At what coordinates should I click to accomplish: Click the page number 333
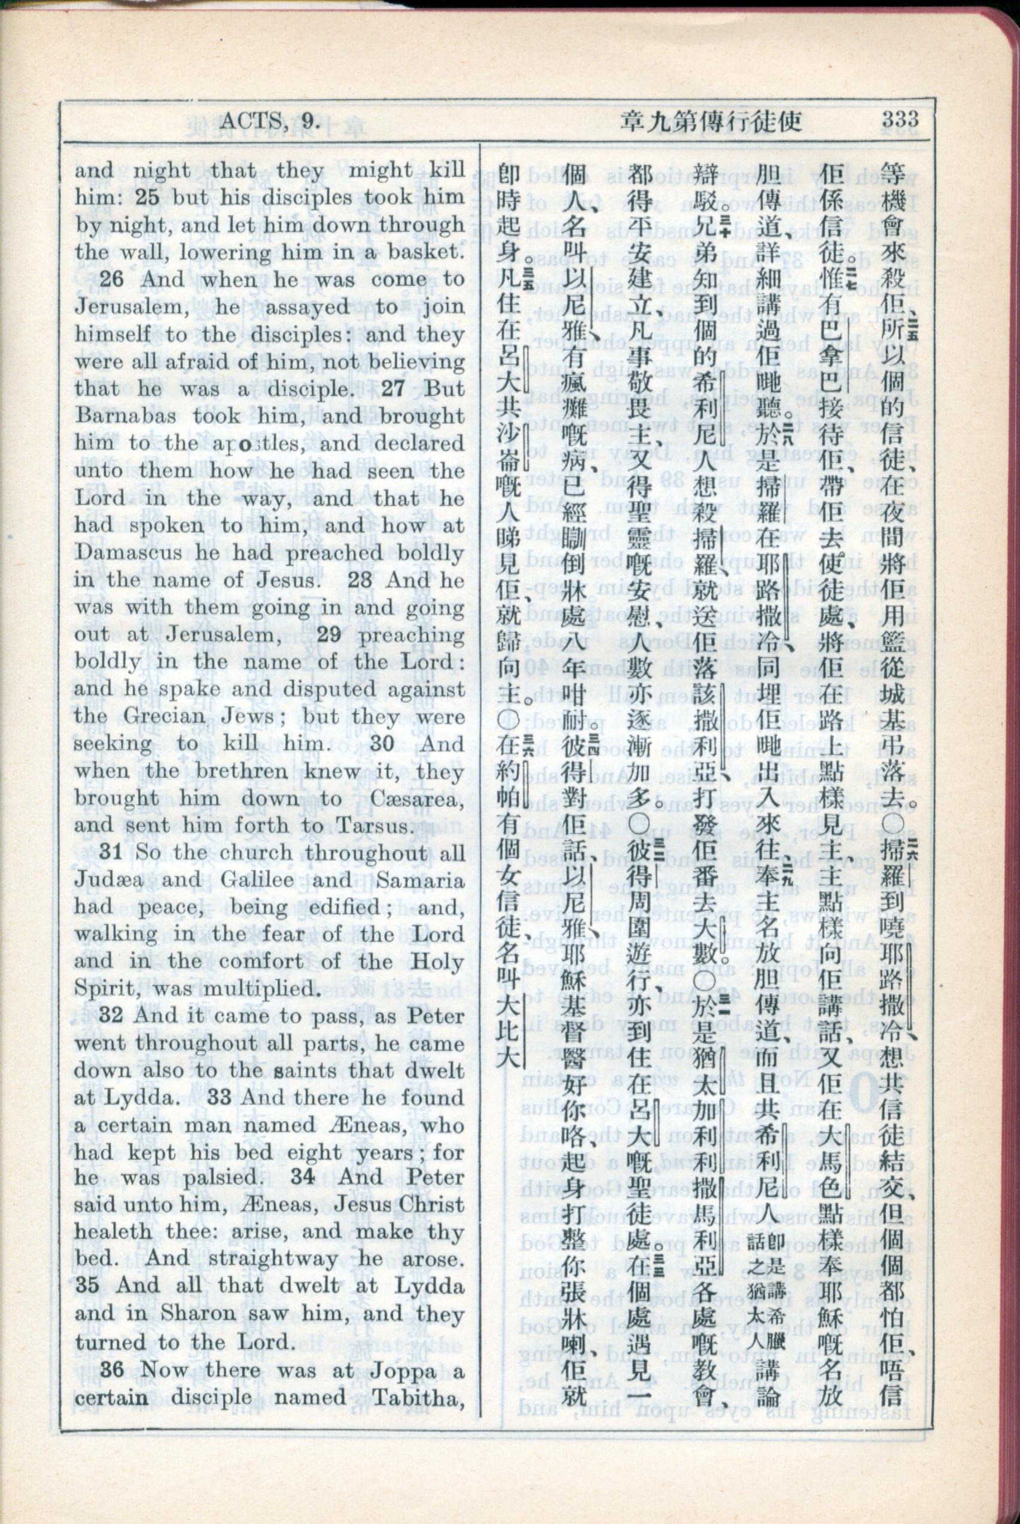tap(900, 119)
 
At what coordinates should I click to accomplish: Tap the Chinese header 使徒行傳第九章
tap(710, 121)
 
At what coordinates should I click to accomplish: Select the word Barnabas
tap(126, 416)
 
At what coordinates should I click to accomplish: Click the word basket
tap(425, 252)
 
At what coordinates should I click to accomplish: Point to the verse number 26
tap(112, 279)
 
